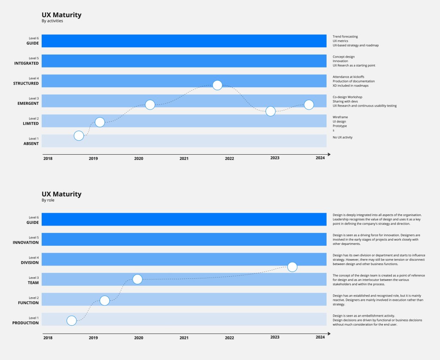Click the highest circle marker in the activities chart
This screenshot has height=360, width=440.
click(x=217, y=85)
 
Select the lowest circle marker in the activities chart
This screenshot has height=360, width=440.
click(x=79, y=136)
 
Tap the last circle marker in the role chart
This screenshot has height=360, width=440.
click(x=292, y=267)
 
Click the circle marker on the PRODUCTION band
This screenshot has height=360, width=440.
click(x=72, y=320)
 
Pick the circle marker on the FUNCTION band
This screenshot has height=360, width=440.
click(x=104, y=300)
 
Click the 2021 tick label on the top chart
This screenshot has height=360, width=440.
click(x=184, y=159)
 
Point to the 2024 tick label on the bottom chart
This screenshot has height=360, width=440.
click(x=320, y=337)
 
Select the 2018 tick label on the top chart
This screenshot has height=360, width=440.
click(x=48, y=159)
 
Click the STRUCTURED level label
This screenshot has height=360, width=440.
click(x=26, y=83)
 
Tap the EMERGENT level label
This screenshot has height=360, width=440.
click(x=28, y=104)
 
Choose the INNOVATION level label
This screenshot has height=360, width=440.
click(x=26, y=243)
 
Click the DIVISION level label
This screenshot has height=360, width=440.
click(x=30, y=262)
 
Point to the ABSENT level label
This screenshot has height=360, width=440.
click(x=31, y=143)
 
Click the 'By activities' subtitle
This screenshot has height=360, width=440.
click(x=52, y=21)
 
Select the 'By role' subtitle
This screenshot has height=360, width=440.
click(x=48, y=200)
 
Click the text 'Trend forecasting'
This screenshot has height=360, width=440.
click(x=345, y=37)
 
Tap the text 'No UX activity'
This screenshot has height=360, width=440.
click(x=342, y=137)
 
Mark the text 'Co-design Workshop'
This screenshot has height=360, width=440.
click(x=347, y=97)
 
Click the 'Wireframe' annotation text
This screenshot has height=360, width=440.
click(x=340, y=117)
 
